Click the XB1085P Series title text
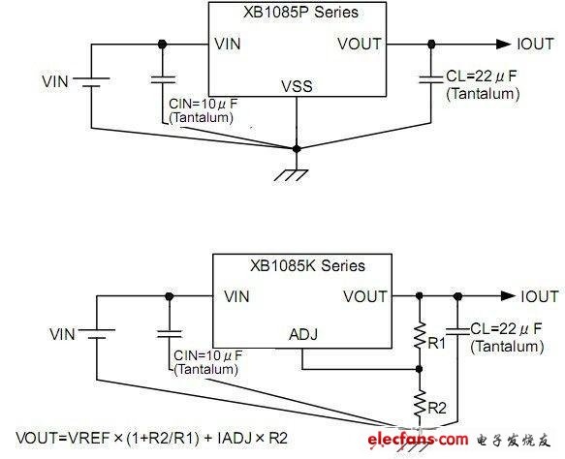(300, 13)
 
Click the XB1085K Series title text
(307, 266)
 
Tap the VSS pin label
(297, 86)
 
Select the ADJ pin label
(303, 334)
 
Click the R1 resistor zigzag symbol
(419, 335)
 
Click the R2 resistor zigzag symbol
(419, 404)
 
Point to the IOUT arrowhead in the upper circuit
(503, 45)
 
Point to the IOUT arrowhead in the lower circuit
(508, 296)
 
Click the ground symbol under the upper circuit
(291, 175)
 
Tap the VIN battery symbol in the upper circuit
(91, 81)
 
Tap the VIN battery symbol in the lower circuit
(97, 333)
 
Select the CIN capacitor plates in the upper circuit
(163, 79)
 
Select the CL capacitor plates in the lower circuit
(457, 331)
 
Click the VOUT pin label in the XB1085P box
(360, 44)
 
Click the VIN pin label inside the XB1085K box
(236, 296)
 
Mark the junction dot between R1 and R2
(419, 369)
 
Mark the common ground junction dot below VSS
(297, 148)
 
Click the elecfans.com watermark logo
(418, 440)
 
